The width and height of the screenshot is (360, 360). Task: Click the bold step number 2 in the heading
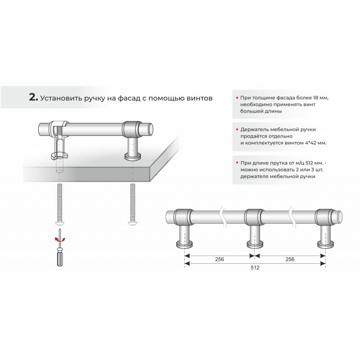click(x=33, y=97)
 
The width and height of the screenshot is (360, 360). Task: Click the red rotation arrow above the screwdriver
click(x=60, y=239)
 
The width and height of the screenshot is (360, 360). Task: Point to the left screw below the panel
click(x=60, y=205)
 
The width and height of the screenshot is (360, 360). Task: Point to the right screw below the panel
click(x=132, y=205)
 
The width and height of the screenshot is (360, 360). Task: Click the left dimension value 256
click(x=220, y=259)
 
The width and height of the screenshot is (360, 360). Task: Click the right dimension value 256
click(x=290, y=259)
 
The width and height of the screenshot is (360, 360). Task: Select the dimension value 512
click(x=255, y=267)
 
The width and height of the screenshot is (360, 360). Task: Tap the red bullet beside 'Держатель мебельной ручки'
click(x=237, y=130)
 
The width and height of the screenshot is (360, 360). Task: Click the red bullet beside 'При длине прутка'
click(x=237, y=163)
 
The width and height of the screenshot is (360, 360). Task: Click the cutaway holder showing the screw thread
click(x=58, y=140)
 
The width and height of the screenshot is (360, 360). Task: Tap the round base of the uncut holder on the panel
click(x=132, y=157)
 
